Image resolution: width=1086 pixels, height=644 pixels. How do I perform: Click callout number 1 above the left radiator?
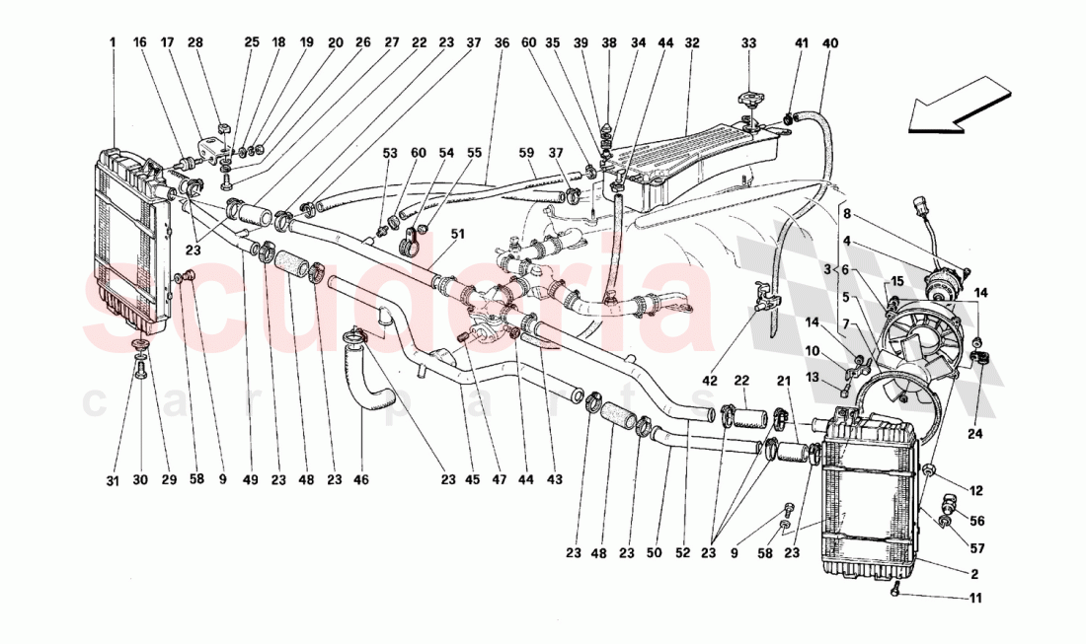[x=113, y=42]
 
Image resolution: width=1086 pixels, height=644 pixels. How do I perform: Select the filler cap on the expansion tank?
[x=749, y=102]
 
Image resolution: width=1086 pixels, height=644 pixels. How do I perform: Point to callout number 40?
[x=829, y=42]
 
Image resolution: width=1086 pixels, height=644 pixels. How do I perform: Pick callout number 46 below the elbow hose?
[x=361, y=480]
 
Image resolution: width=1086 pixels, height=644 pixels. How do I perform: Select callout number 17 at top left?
[x=167, y=42]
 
